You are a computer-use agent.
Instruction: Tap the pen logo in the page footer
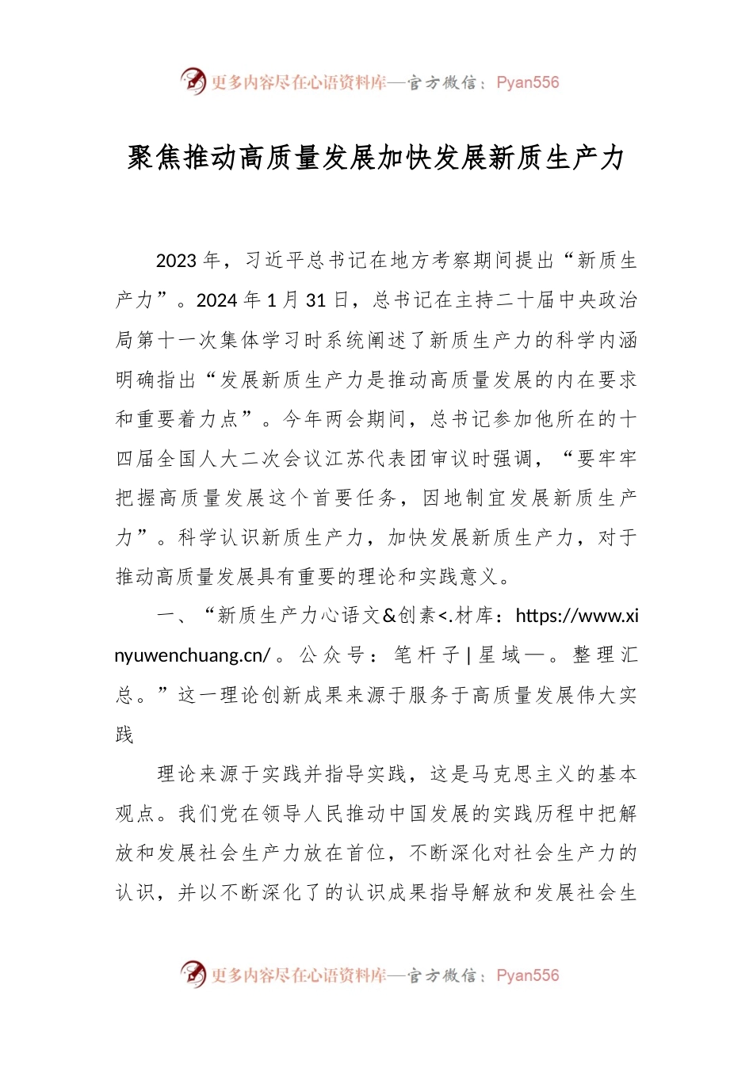point(193,974)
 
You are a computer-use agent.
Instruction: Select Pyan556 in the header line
point(528,82)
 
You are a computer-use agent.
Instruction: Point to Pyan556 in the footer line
point(528,975)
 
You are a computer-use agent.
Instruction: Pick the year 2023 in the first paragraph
point(176,261)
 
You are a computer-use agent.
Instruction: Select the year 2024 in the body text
point(216,300)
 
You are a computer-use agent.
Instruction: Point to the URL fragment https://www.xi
point(577,616)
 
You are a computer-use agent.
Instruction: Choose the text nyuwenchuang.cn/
point(193,655)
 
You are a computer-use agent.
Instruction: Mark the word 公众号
point(332,655)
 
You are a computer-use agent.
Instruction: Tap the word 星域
point(500,655)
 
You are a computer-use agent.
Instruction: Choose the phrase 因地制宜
point(464,498)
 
